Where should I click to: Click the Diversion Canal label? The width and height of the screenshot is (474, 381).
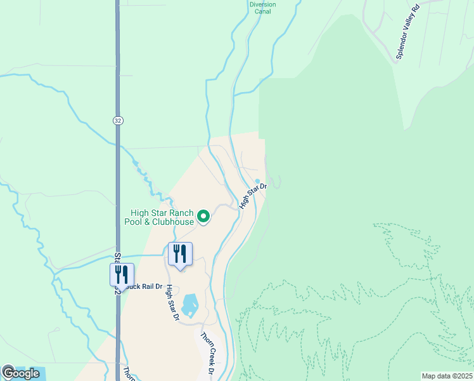(262, 8)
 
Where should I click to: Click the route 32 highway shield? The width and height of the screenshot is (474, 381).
(118, 121)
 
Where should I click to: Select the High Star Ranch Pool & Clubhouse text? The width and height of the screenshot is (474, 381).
(161, 217)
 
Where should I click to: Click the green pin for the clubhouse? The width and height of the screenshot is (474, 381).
(203, 217)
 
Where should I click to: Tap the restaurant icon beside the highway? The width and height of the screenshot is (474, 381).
(122, 274)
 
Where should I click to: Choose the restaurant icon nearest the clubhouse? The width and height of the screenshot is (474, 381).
(180, 254)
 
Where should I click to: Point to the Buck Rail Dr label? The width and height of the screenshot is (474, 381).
(144, 286)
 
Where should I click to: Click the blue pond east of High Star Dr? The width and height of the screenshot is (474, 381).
(190, 305)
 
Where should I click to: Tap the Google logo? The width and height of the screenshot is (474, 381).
(20, 373)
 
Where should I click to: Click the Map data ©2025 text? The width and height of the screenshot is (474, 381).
(447, 376)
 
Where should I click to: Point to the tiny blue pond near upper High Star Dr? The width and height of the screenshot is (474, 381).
(257, 180)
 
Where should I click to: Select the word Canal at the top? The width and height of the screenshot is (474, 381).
(262, 11)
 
